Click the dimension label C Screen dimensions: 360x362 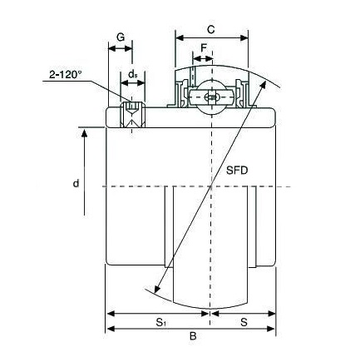(211, 29)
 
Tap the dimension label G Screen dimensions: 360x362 (121, 37)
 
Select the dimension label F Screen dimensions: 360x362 (204, 48)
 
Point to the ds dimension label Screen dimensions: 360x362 (133, 74)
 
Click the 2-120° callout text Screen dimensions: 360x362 (66, 74)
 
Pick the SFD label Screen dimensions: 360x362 (237, 171)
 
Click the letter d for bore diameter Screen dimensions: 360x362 (76, 183)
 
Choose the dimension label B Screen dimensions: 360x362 (193, 336)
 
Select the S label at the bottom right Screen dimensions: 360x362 (244, 322)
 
